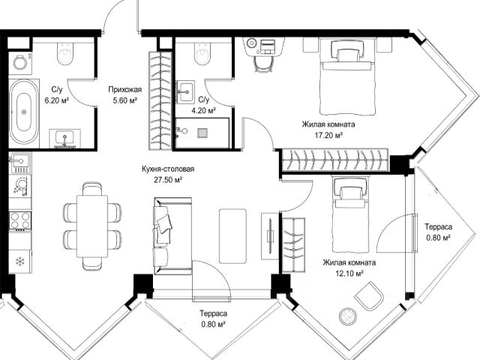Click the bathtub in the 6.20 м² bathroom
24,112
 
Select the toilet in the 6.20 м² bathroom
65,53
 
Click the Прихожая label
125,89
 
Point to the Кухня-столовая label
168,169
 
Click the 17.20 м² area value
328,135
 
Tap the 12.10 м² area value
349,273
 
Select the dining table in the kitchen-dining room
92,226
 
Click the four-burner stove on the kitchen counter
20,220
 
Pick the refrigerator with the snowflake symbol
20,262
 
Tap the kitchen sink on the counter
19,163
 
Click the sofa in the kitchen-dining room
172,235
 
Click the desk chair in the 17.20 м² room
263,64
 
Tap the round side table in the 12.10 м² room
348,316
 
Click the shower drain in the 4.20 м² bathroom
202,133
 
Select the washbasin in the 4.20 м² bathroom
185,91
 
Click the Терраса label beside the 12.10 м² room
438,226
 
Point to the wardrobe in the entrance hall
160,100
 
